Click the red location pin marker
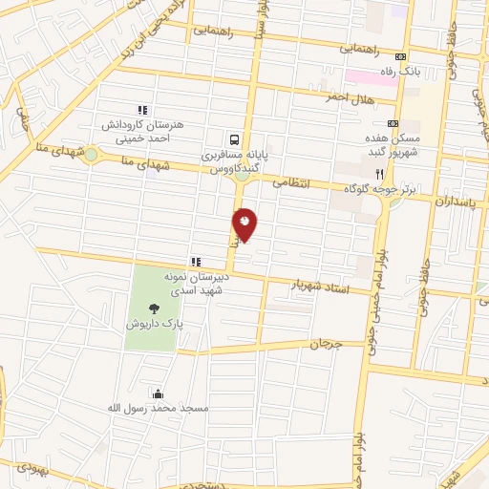pos(245,224)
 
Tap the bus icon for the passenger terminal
pos(233,138)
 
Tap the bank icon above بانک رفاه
pos(402,56)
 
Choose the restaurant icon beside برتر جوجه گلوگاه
pos(379,175)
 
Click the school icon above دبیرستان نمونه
pos(196,261)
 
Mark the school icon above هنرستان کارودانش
pos(143,110)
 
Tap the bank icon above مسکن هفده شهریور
pos(392,123)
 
